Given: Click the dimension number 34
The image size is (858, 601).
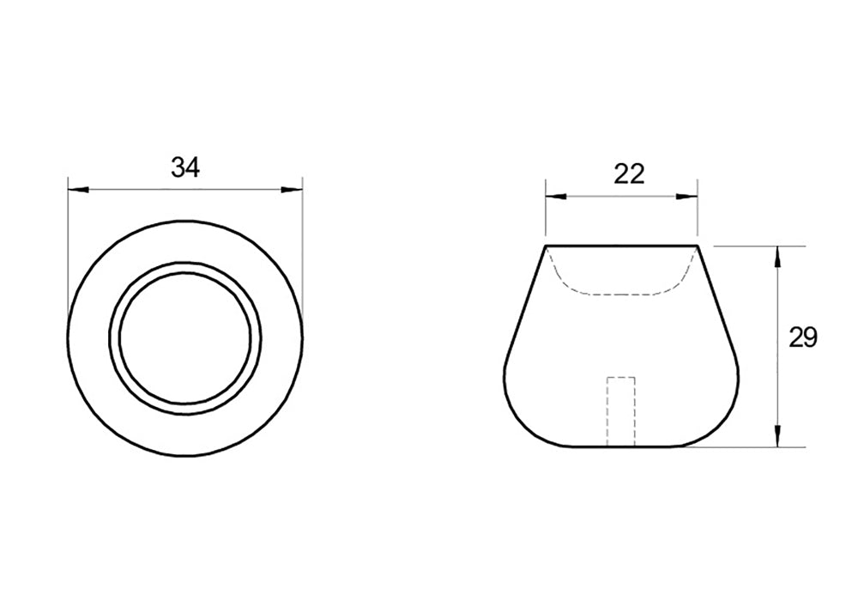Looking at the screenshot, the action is click(185, 167).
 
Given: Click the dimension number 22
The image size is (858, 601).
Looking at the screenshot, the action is click(629, 174).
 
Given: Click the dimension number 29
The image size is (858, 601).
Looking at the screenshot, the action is click(803, 337).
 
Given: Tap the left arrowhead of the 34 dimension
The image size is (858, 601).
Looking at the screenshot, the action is click(78, 190).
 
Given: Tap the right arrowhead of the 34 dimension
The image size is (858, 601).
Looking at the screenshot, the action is click(292, 190).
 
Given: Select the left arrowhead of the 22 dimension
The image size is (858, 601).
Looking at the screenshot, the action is click(555, 197).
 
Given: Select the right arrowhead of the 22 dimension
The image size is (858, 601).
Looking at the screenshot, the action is click(686, 197).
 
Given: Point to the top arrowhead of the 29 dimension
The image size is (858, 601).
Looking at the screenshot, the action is click(778, 257).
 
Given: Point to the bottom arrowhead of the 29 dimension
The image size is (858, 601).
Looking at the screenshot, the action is click(778, 436).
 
